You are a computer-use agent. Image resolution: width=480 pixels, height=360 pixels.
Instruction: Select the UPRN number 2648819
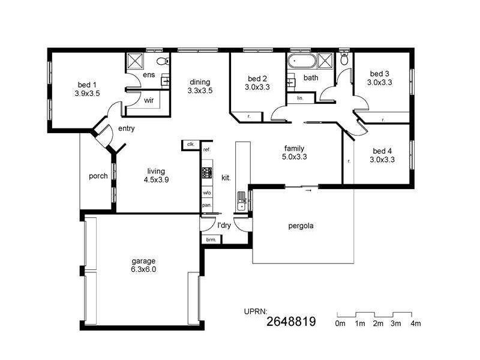(x=290, y=322)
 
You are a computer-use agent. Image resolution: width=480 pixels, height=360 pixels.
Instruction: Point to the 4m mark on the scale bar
(x=415, y=324)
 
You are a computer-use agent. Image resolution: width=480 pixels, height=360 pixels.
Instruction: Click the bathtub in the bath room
(x=301, y=61)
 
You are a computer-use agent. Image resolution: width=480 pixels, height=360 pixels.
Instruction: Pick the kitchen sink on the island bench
(x=241, y=200)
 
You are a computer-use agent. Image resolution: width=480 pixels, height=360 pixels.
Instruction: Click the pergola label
(x=301, y=227)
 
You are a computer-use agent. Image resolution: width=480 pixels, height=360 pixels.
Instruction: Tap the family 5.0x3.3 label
(x=294, y=153)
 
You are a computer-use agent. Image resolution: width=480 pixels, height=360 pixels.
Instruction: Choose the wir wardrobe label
(x=149, y=101)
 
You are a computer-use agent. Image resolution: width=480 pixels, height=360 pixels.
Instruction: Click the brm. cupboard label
(x=211, y=239)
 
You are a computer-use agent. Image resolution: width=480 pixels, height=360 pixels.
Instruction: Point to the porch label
(x=98, y=176)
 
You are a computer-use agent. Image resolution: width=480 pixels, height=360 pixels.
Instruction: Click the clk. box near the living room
(x=190, y=145)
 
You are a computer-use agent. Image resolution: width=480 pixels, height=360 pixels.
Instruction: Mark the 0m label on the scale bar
(x=340, y=324)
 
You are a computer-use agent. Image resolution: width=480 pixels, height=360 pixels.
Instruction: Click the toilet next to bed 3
(x=343, y=61)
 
